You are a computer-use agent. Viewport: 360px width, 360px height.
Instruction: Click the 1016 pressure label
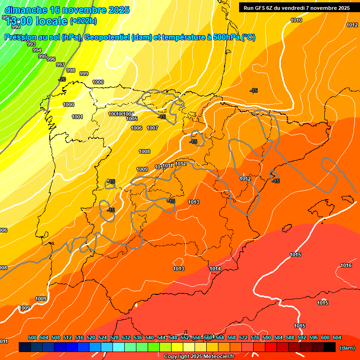point(346,266)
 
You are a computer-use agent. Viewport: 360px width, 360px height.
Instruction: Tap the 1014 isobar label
point(215,269)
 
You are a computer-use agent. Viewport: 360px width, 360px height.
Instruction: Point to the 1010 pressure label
point(296,20)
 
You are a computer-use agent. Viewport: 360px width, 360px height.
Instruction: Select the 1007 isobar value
point(152,128)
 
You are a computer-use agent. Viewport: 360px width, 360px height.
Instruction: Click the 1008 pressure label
point(144,151)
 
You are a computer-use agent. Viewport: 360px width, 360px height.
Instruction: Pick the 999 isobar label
point(84,74)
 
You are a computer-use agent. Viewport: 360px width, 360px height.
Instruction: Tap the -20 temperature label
point(62,79)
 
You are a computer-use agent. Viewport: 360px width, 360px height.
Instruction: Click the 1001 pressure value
point(77,117)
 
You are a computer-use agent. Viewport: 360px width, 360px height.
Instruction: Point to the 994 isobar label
point(37,50)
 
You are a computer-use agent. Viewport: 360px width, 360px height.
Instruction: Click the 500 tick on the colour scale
point(32,337)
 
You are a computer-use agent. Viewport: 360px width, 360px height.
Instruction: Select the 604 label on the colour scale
point(337,337)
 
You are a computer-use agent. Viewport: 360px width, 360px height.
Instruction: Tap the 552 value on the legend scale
point(185,337)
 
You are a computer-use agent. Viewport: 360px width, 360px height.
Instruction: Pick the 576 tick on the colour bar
point(255,337)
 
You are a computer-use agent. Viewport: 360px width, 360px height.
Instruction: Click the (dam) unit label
point(347,348)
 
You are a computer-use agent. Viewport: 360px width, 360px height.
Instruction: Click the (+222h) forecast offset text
point(83,21)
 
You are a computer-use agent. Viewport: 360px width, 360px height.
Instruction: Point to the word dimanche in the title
point(26,10)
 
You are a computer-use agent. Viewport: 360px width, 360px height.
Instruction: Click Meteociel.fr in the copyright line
point(217,357)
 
